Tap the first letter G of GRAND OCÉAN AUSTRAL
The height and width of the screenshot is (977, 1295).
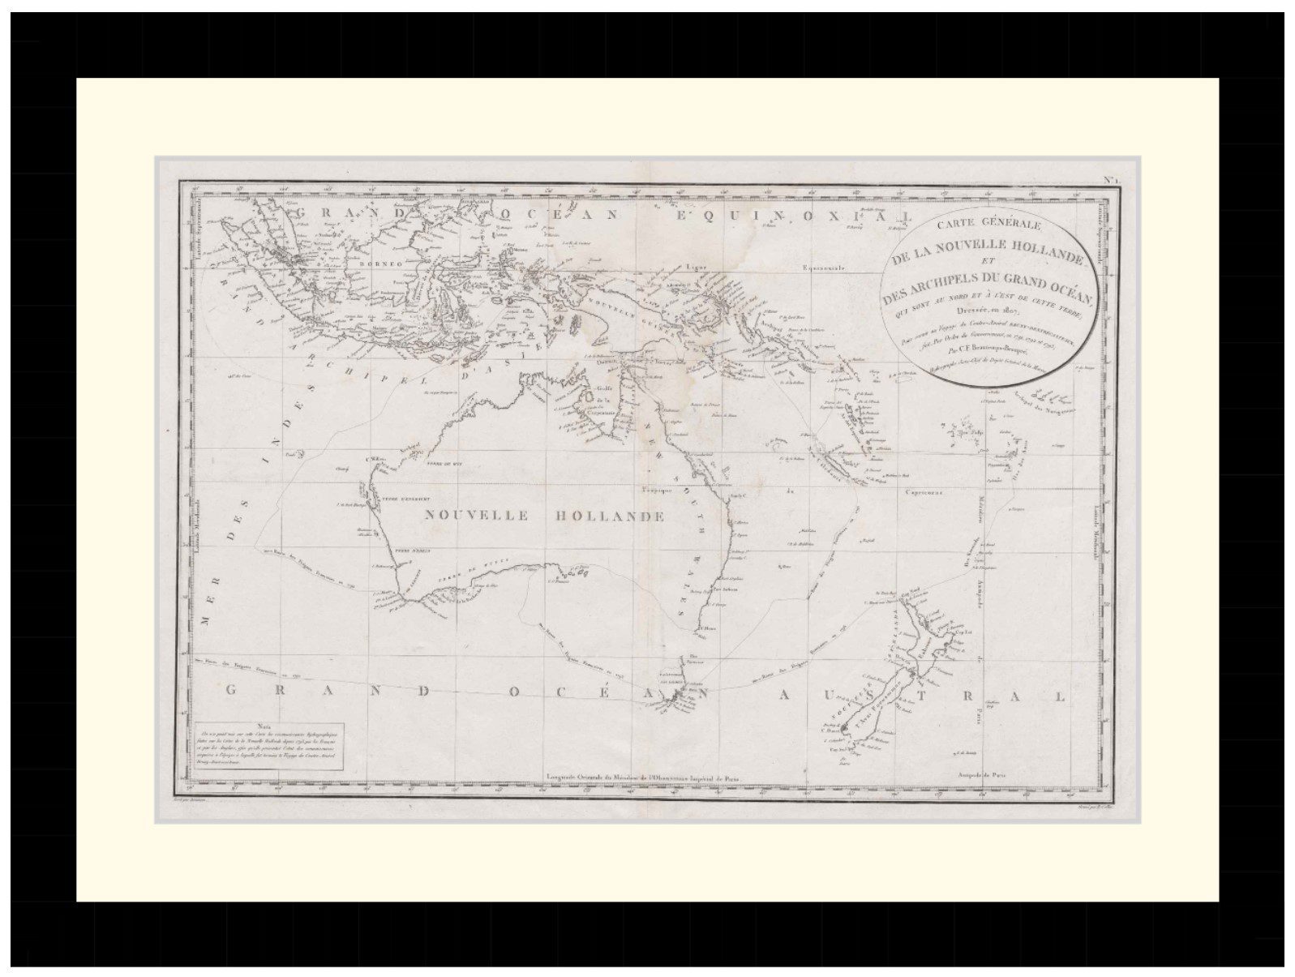click(x=231, y=691)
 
